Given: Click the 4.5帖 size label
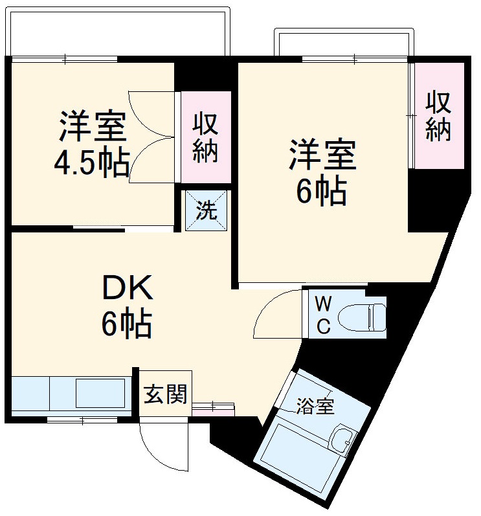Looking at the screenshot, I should point(91,164).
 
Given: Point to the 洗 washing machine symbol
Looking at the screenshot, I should point(207,210).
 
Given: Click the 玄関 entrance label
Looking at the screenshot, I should point(165,394).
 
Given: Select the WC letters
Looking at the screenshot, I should point(323,315).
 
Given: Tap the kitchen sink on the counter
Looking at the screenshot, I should point(100,392).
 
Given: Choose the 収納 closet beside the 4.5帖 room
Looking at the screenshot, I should point(206,137).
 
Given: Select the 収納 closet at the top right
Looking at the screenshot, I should point(439,116).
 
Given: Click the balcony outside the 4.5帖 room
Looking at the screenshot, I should point(118,32).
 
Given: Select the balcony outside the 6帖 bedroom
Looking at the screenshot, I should point(343,43).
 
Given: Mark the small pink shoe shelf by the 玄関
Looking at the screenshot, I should point(214,407).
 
